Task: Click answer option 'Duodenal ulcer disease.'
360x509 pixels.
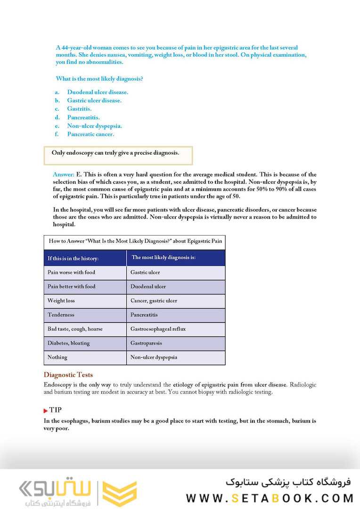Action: point(98,92)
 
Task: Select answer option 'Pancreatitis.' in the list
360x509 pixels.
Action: point(83,117)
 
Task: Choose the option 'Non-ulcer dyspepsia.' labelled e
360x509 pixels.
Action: point(94,126)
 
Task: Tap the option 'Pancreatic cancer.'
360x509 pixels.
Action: point(90,134)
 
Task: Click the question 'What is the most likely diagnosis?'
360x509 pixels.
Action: point(99,79)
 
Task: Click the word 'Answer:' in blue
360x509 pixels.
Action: point(63,174)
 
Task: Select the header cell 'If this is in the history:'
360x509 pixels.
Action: point(73,258)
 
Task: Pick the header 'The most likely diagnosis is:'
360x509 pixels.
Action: point(164,257)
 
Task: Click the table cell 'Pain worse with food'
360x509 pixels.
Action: point(71,272)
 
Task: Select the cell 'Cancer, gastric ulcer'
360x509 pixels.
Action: point(154,301)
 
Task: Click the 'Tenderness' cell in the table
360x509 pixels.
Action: point(61,315)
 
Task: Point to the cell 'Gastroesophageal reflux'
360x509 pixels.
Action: point(159,329)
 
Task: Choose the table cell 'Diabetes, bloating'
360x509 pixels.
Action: point(68,343)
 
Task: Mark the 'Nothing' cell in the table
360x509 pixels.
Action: point(57,357)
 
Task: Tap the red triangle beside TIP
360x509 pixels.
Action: point(46,411)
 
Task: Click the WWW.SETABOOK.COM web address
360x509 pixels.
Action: point(270,498)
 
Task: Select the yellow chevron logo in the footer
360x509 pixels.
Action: point(120,494)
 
